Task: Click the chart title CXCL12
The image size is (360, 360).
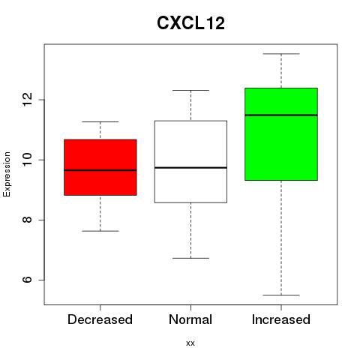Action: [190, 23]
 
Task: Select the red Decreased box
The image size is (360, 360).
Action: [100, 167]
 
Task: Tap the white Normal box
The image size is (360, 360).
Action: [190, 161]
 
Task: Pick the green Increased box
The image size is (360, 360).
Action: [281, 134]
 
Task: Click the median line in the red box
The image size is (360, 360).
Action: [100, 170]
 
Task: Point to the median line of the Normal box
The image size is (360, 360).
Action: [190, 167]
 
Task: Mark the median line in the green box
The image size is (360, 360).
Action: [281, 115]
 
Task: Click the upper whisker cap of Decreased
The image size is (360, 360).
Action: [100, 121]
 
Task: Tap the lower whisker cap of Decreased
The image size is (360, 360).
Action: [100, 231]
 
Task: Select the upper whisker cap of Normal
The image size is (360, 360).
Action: [190, 90]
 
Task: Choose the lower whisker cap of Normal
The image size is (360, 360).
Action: [190, 258]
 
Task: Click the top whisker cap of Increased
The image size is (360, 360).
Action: [281, 54]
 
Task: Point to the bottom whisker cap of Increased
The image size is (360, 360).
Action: [281, 295]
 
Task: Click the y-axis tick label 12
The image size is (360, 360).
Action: [27, 100]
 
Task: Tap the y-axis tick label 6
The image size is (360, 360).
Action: [27, 280]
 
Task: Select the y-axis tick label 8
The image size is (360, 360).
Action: [27, 220]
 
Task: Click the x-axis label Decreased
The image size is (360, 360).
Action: [100, 319]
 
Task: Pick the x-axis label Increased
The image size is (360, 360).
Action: [281, 319]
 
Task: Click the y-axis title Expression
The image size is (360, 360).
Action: [7, 174]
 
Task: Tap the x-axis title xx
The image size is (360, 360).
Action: [190, 343]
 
